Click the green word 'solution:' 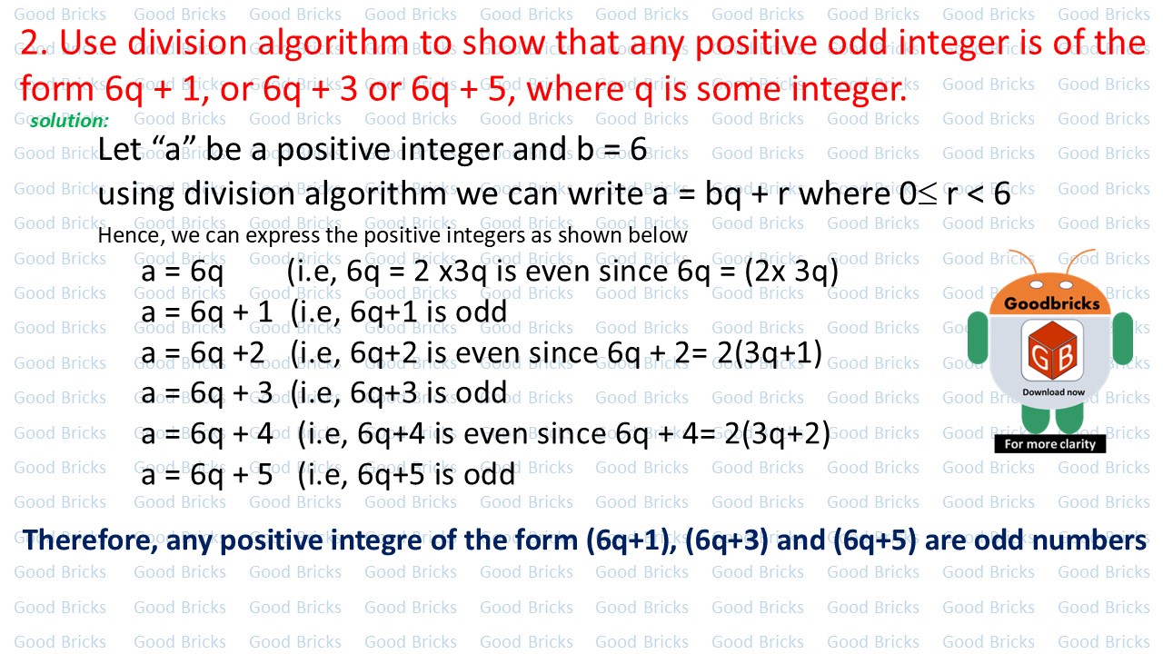(x=69, y=121)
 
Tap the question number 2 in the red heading (x=30, y=42)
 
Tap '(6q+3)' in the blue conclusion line (x=726, y=540)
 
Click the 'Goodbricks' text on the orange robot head (x=1051, y=303)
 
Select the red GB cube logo (x=1052, y=350)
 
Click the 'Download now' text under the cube (x=1053, y=392)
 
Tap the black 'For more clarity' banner (x=1049, y=444)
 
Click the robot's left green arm (x=978, y=338)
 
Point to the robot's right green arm (x=1122, y=338)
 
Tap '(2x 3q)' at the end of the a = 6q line (x=791, y=272)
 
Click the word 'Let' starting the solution (x=119, y=150)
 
